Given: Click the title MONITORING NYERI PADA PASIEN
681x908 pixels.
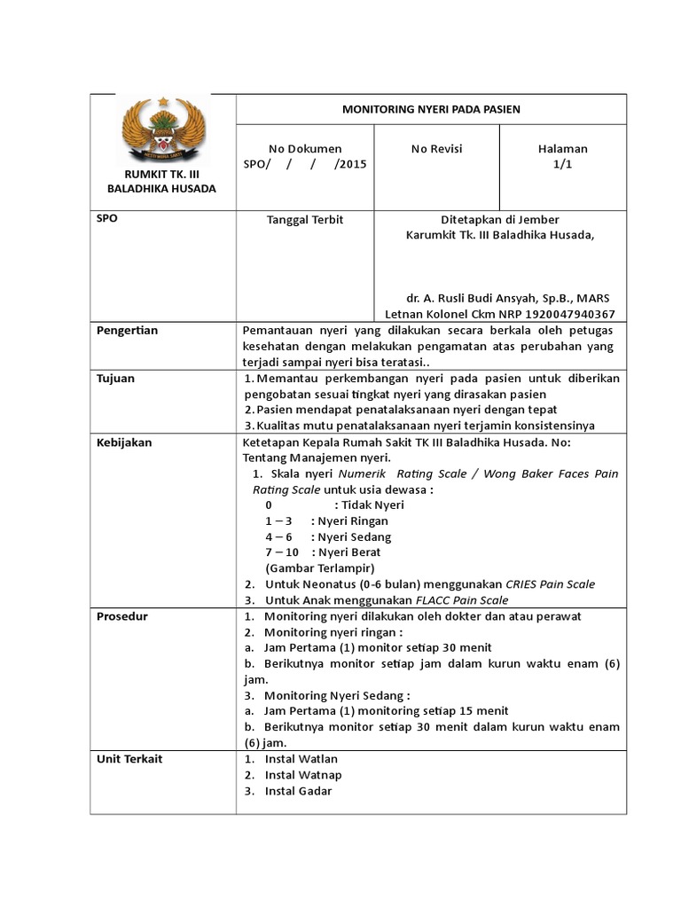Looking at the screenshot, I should coord(431,109).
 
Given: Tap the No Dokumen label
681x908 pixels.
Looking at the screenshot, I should coord(305,149).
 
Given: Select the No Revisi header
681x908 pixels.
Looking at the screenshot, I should coord(436,149).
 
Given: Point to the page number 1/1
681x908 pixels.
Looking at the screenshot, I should coord(562,165).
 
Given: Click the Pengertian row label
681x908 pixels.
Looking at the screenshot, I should coord(127,331).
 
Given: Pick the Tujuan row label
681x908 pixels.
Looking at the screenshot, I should coord(115,379).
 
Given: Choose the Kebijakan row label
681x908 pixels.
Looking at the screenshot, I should coord(123,442).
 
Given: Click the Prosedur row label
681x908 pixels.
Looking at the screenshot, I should coord(121,616).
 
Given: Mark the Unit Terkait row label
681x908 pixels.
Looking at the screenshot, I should coord(129,759).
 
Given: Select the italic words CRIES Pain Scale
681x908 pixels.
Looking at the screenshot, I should coord(550,584).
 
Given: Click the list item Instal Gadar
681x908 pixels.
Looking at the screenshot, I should coord(298,791).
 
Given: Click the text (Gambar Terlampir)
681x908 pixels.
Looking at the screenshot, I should coord(319,568).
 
